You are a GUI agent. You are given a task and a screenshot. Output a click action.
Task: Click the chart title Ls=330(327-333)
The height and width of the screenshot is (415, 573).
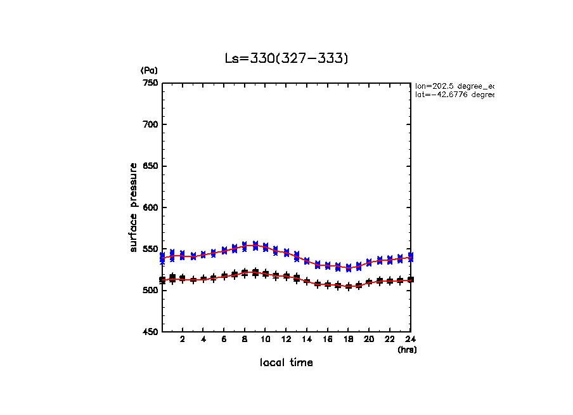286,58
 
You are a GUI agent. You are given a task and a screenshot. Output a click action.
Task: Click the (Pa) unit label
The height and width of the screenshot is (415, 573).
148,70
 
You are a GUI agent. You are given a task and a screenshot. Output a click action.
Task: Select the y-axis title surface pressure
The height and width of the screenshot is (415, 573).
134,208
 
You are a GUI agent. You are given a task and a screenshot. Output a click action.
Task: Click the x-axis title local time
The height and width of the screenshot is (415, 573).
286,363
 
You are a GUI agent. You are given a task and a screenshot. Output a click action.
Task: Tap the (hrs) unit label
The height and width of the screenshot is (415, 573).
407,350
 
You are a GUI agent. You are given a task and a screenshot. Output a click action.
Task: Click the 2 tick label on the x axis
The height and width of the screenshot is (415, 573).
183,339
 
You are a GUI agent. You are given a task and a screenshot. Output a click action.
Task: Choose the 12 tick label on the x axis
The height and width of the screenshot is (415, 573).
286,339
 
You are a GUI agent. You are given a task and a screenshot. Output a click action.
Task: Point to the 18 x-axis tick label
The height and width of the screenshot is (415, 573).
348,339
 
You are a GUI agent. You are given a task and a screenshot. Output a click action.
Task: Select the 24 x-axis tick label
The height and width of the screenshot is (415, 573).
410,339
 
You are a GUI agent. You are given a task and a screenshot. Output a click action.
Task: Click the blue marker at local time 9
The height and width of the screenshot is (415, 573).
255,245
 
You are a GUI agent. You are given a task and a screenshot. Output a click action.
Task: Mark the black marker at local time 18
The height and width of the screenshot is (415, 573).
348,287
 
